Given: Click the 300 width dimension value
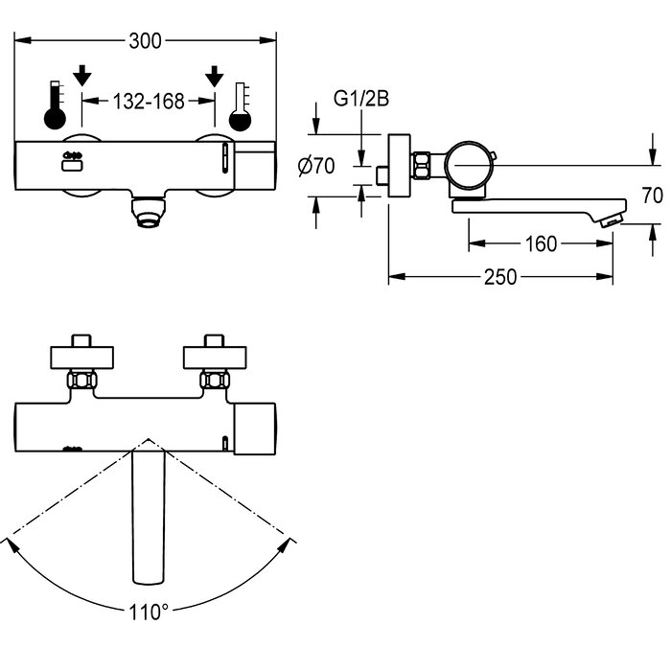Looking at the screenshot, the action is pos(145,41).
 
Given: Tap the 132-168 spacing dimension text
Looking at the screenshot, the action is pos(149,102).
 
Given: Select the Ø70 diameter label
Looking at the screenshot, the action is pos(316,166).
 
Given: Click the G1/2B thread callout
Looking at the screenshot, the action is pos(361,99).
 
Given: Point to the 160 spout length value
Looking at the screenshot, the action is pos(541,243).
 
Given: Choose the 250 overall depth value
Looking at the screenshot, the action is pos(500,277).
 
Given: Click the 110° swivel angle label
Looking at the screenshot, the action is pos(149,613).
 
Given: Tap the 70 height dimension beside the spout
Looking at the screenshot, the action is pos(652,196).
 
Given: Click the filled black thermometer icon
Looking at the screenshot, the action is pos(56,104).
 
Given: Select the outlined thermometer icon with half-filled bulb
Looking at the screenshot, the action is pos(240,106).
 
